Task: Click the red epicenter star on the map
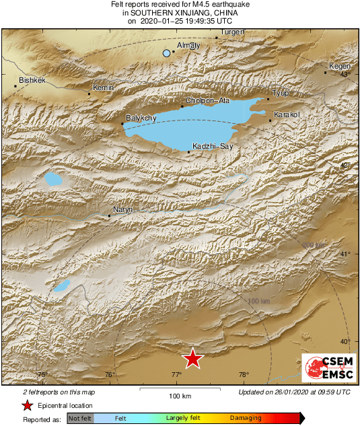pos(193,359)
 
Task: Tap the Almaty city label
pos(188,46)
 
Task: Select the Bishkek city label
pos(32,80)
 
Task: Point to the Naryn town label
pos(122,211)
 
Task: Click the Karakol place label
pos(287,114)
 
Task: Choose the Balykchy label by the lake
pos(141,118)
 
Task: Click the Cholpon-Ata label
pos(205,101)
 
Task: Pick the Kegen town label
pos(338,66)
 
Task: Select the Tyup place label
pos(279,93)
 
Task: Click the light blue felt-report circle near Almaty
pos(167,52)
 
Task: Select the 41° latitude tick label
pos(346,254)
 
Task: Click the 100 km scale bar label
pos(180,395)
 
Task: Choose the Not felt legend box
pos(81,418)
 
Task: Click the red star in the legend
pos(27,405)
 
